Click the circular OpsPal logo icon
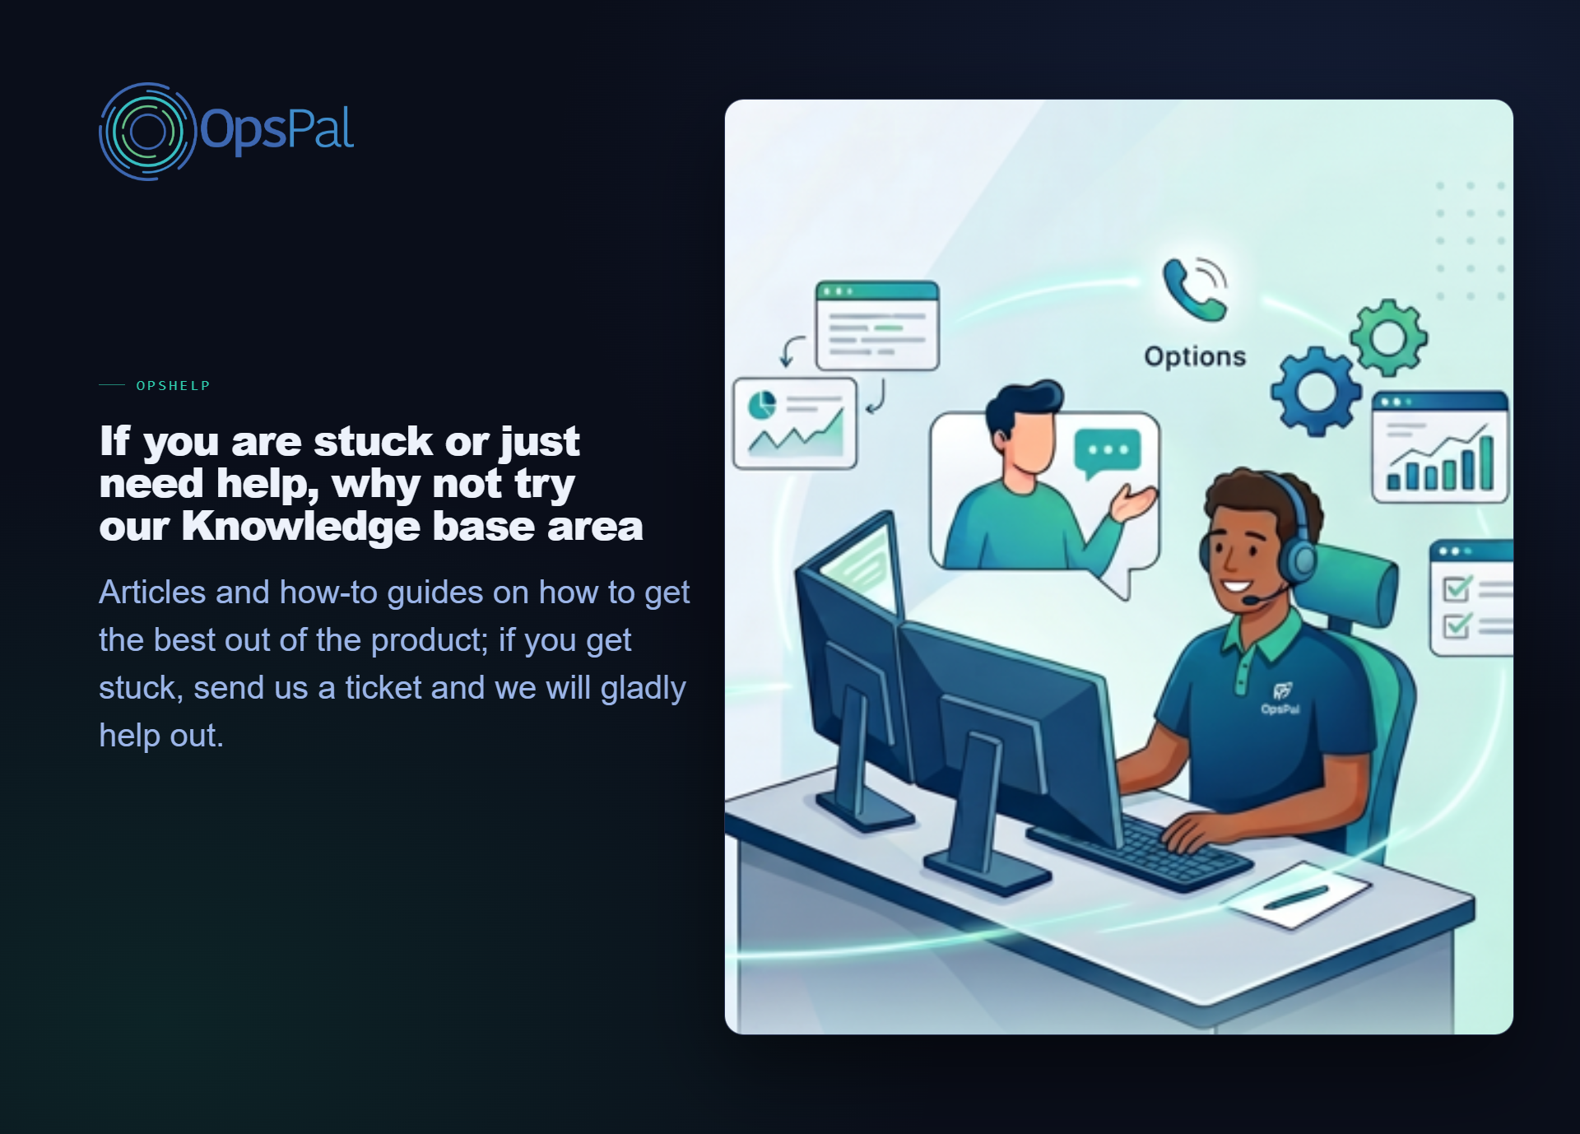(x=147, y=132)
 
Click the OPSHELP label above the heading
(x=173, y=386)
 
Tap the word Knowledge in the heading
(x=301, y=527)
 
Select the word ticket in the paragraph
(x=382, y=688)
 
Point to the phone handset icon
(x=1192, y=290)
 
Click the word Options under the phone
(x=1195, y=356)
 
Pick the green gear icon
(x=1388, y=337)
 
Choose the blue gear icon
(x=1316, y=392)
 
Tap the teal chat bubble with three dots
(x=1108, y=453)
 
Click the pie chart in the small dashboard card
(x=762, y=405)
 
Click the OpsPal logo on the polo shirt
(x=1281, y=699)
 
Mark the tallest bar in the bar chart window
(x=1486, y=462)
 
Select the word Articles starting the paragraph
(x=152, y=593)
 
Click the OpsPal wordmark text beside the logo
(x=277, y=129)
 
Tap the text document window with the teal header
(x=877, y=326)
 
